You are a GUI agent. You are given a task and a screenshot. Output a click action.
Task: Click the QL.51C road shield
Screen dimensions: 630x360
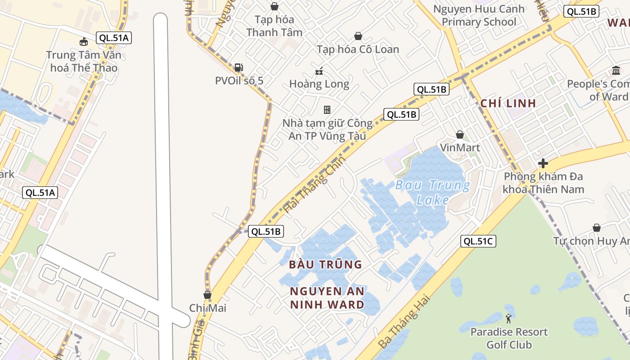click(478, 241)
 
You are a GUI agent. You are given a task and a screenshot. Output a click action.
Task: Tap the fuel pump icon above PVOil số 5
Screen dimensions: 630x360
click(238, 67)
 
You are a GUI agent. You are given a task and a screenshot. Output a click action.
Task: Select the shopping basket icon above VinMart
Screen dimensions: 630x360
click(460, 135)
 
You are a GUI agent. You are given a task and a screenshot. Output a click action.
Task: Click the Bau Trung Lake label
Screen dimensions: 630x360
click(432, 192)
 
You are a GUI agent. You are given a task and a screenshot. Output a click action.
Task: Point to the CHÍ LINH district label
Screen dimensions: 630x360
click(508, 103)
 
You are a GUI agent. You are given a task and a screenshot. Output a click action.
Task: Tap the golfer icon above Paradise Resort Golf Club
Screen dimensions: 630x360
click(508, 319)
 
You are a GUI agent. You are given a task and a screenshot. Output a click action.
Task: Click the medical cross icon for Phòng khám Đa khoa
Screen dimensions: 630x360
click(543, 163)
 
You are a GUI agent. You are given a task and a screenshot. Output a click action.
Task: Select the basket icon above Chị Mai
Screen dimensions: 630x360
click(207, 295)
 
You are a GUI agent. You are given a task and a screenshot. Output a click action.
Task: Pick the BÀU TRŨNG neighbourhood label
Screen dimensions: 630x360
click(325, 264)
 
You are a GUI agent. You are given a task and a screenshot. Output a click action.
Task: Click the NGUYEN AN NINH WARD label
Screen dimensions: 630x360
click(327, 298)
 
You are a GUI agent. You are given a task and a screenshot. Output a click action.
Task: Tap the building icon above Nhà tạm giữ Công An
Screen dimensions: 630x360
click(327, 109)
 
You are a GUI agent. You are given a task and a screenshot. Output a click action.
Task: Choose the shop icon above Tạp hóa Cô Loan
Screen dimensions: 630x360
click(358, 36)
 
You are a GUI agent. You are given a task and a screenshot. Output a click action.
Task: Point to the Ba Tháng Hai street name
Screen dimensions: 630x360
click(404, 321)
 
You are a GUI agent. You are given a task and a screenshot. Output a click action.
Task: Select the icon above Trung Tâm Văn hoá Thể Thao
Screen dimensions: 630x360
click(83, 42)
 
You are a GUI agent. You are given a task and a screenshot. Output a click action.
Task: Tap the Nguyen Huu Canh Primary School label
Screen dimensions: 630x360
click(479, 15)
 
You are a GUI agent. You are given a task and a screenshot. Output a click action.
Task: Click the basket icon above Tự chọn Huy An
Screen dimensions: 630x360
click(597, 228)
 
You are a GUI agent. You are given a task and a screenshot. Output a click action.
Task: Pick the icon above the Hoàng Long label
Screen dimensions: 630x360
click(319, 71)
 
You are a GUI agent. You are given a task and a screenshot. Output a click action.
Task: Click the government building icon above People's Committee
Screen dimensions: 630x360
click(616, 71)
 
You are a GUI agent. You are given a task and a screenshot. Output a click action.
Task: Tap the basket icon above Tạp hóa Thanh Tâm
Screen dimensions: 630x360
click(274, 6)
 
